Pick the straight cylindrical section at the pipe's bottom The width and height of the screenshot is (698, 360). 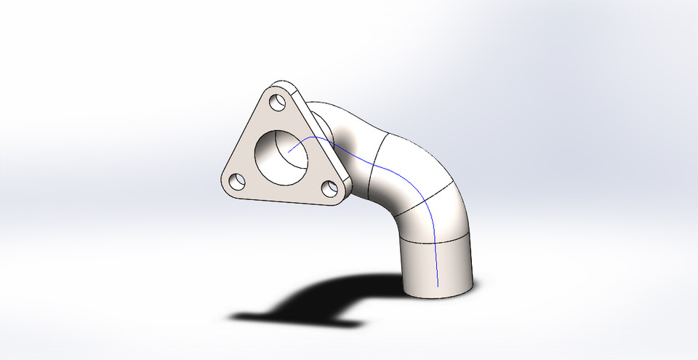(x=436, y=265)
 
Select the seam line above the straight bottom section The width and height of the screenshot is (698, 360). (x=436, y=241)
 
